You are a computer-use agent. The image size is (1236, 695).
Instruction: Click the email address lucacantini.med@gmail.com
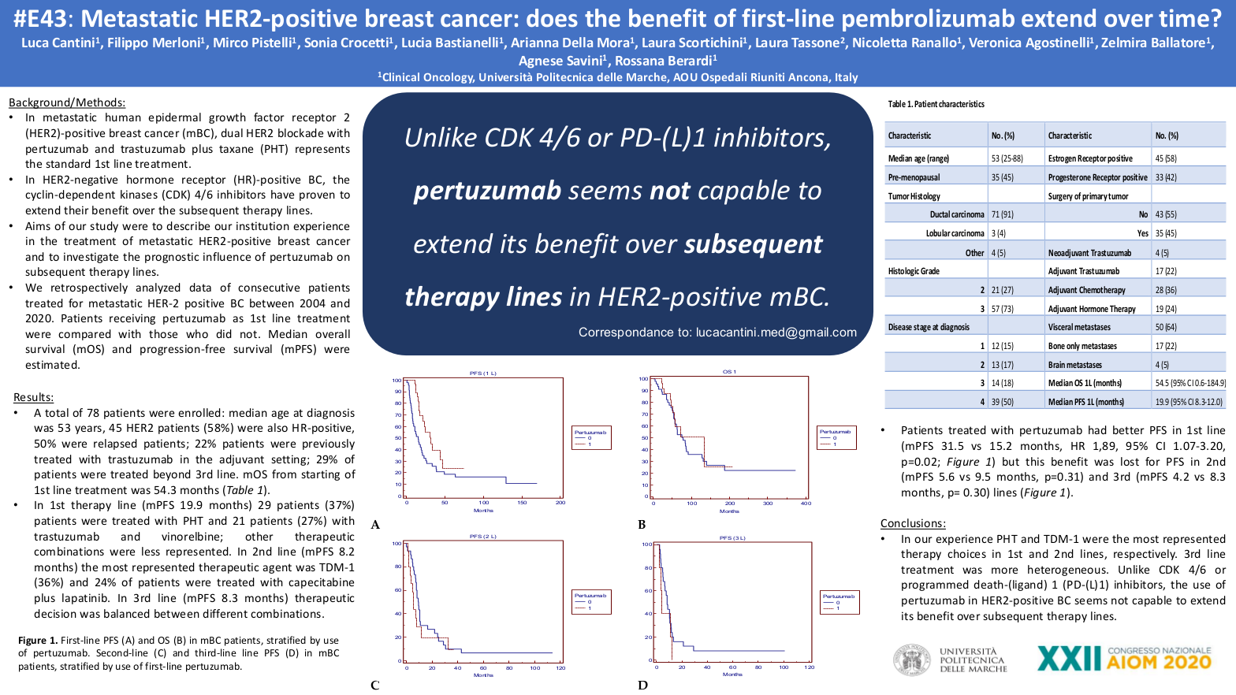[776, 333]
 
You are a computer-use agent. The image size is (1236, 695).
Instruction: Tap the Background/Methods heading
[67, 102]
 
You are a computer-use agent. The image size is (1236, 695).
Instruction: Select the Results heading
[34, 397]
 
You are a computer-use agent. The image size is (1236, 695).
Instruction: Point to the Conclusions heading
[913, 523]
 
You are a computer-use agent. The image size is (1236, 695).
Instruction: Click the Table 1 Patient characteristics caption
[936, 104]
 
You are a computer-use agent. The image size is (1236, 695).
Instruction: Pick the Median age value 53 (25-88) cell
[1007, 158]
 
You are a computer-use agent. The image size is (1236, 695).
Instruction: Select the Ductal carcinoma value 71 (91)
[1003, 214]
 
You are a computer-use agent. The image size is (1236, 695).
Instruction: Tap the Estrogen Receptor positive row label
[1090, 158]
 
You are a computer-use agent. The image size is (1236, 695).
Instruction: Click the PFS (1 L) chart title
[483, 373]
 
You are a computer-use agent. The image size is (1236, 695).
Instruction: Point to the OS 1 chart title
[729, 371]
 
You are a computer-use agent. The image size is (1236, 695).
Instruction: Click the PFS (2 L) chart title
[483, 536]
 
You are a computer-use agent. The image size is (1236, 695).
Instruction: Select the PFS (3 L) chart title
[732, 537]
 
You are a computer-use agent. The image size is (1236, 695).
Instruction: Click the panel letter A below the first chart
[375, 525]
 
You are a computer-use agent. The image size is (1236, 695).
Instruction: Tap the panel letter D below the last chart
[642, 685]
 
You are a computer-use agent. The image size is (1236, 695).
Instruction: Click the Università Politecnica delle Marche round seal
[911, 660]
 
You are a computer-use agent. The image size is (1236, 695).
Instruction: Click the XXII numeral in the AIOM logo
[1068, 659]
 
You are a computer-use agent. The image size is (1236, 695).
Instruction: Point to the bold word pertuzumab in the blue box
[487, 191]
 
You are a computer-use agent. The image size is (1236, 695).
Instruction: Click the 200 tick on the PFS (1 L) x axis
[560, 502]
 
